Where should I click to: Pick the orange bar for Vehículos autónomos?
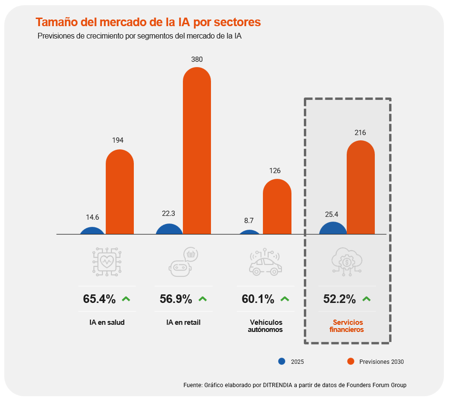pyautogui.click(x=277, y=206)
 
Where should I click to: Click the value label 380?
pyautogui.click(x=197, y=59)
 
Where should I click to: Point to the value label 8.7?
pyautogui.click(x=249, y=220)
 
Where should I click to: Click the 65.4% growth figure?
pyautogui.click(x=99, y=299)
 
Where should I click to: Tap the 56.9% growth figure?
pyautogui.click(x=176, y=299)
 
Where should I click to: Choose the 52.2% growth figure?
pyautogui.click(x=340, y=299)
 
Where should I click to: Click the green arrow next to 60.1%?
pyautogui.click(x=285, y=299)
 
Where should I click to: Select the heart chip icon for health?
pyautogui.click(x=107, y=261)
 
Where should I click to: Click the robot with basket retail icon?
pyautogui.click(x=183, y=262)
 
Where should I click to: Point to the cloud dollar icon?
pyautogui.click(x=347, y=261)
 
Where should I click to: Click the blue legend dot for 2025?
pyautogui.click(x=281, y=361)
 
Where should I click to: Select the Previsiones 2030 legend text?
pyautogui.click(x=381, y=362)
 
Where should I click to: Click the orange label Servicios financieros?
pyautogui.click(x=347, y=326)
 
